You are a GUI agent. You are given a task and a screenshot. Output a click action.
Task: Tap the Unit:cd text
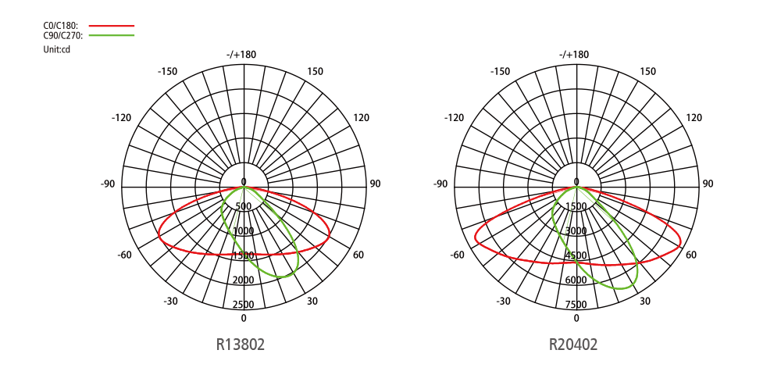click(57, 50)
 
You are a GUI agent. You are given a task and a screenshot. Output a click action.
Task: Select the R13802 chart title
click(240, 344)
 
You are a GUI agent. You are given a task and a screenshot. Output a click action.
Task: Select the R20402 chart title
click(572, 344)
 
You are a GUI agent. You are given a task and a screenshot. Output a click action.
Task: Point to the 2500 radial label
click(244, 305)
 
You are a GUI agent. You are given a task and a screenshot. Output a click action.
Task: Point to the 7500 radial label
click(576, 305)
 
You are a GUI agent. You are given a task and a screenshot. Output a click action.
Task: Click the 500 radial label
click(244, 207)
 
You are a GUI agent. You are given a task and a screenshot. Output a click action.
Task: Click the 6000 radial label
click(576, 280)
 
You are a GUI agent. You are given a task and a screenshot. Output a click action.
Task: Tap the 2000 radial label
click(244, 280)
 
